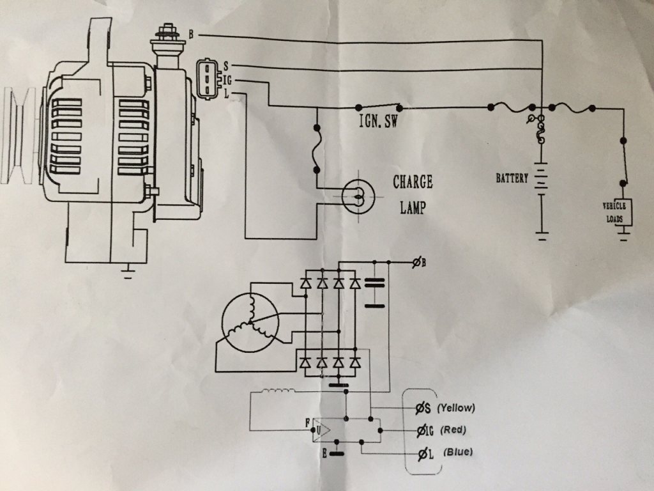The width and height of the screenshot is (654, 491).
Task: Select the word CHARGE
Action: [413, 182]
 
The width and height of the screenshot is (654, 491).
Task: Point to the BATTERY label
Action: [512, 178]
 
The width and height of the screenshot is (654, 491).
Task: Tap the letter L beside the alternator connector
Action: [226, 93]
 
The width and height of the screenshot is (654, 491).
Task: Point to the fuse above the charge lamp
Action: [316, 152]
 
